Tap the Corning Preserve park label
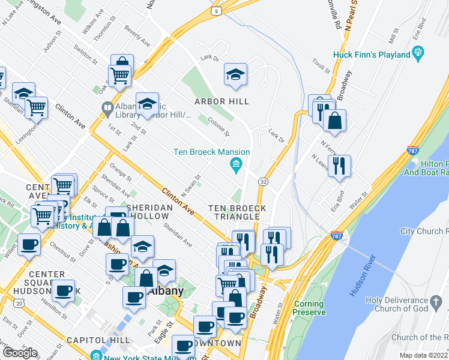tap(310, 308)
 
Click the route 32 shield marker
tap(263, 181)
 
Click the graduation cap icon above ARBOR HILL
tap(236, 74)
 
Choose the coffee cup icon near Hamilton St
tap(63, 291)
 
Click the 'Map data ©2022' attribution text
tap(423, 355)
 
